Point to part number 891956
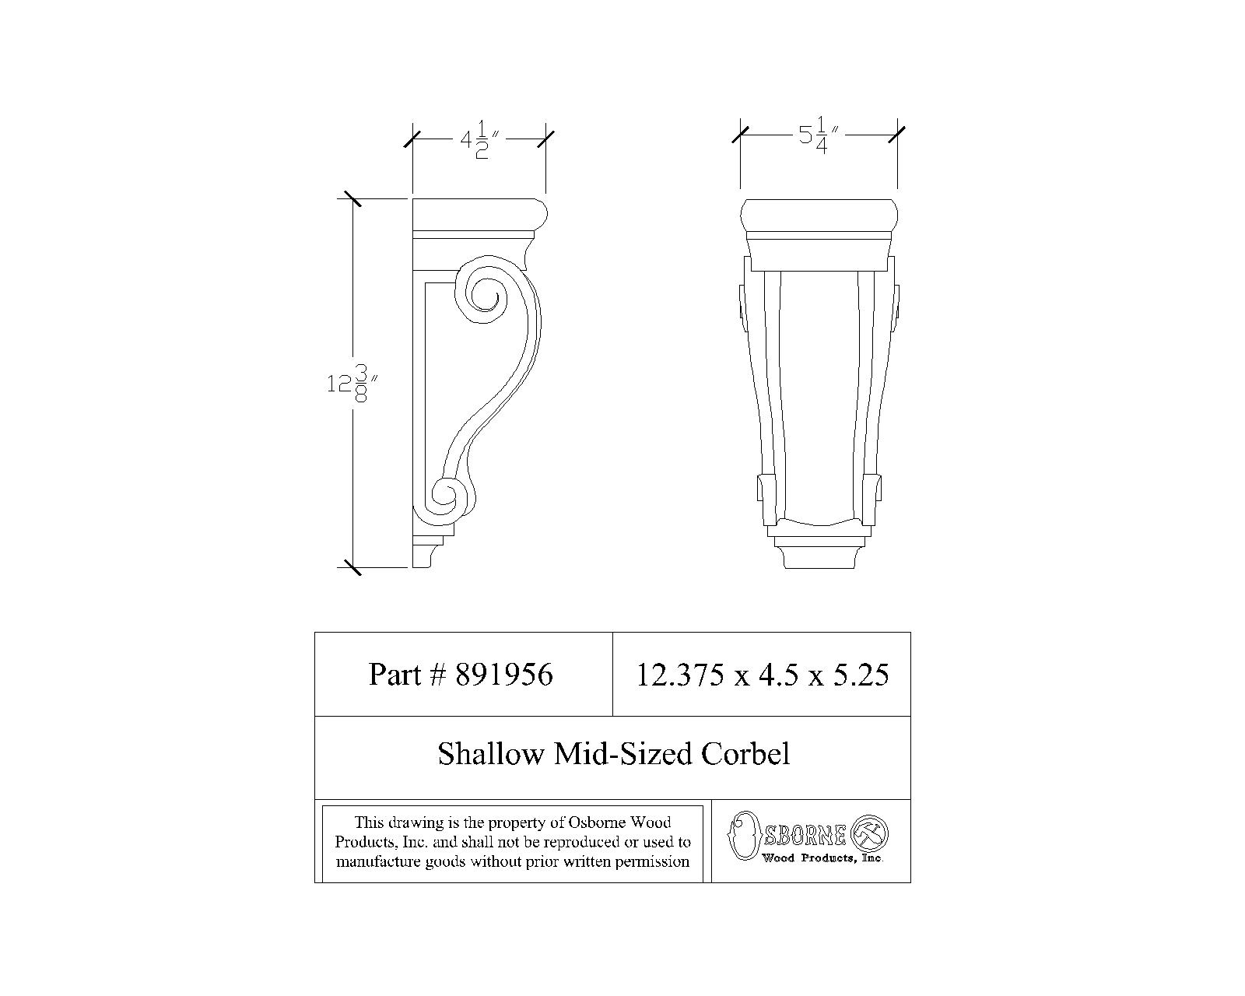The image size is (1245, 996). pos(503,675)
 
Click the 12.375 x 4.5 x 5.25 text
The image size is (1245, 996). pos(762,675)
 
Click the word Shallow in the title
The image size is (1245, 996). pos(491,754)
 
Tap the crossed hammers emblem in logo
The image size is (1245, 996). pos(870,834)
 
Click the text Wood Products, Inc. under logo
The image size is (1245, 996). pos(822,858)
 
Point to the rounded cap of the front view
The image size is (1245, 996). pos(819,215)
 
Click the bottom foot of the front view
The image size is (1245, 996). pos(819,557)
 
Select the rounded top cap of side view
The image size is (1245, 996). pos(478,213)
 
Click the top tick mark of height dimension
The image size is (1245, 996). pos(352,199)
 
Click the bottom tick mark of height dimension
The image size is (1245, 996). pos(352,566)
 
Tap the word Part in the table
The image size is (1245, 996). pos(395,675)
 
